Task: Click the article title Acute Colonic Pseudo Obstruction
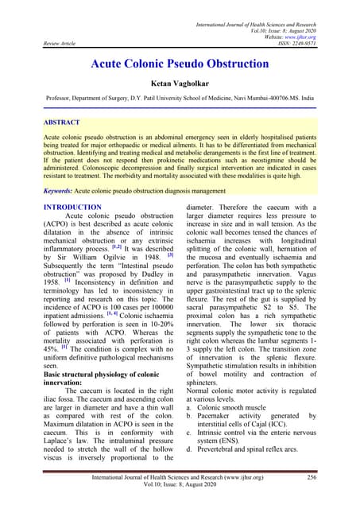180,62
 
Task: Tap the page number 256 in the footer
312,476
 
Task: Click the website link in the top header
300,36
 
